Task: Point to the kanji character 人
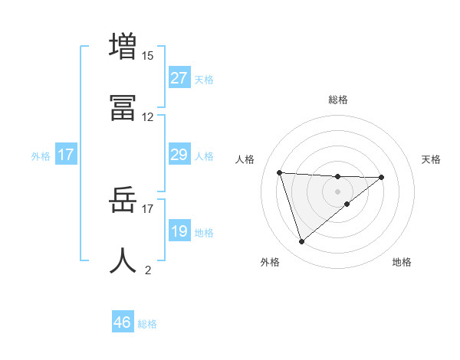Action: pos(123,261)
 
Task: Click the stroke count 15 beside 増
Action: pos(148,55)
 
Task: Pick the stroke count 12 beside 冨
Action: pos(148,117)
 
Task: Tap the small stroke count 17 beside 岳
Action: pos(148,208)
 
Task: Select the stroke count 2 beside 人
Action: pos(148,270)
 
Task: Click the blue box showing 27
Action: pos(179,78)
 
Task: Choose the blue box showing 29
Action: pos(179,155)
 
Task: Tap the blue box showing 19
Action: pos(179,231)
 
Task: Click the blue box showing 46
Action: pos(123,322)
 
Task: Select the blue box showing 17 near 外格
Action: pos(66,155)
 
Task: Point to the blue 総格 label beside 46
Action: pos(147,324)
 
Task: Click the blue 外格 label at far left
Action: pos(41,156)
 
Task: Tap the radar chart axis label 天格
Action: pos(431,159)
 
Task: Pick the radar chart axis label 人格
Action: pos(245,159)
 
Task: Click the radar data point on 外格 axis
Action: pos(301,241)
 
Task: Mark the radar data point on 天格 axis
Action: pos(381,177)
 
